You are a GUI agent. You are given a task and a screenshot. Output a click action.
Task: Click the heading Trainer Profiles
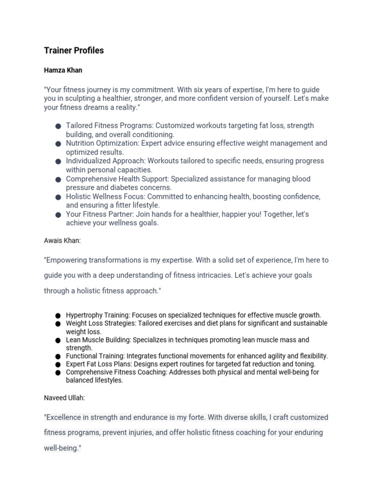click(74, 51)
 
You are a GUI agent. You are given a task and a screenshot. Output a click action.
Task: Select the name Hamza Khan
click(63, 70)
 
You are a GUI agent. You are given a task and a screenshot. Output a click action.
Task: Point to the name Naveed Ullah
click(64, 398)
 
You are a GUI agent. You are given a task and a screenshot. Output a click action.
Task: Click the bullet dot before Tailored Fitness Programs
click(58, 126)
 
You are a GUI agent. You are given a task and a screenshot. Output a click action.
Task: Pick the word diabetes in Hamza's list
click(119, 188)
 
